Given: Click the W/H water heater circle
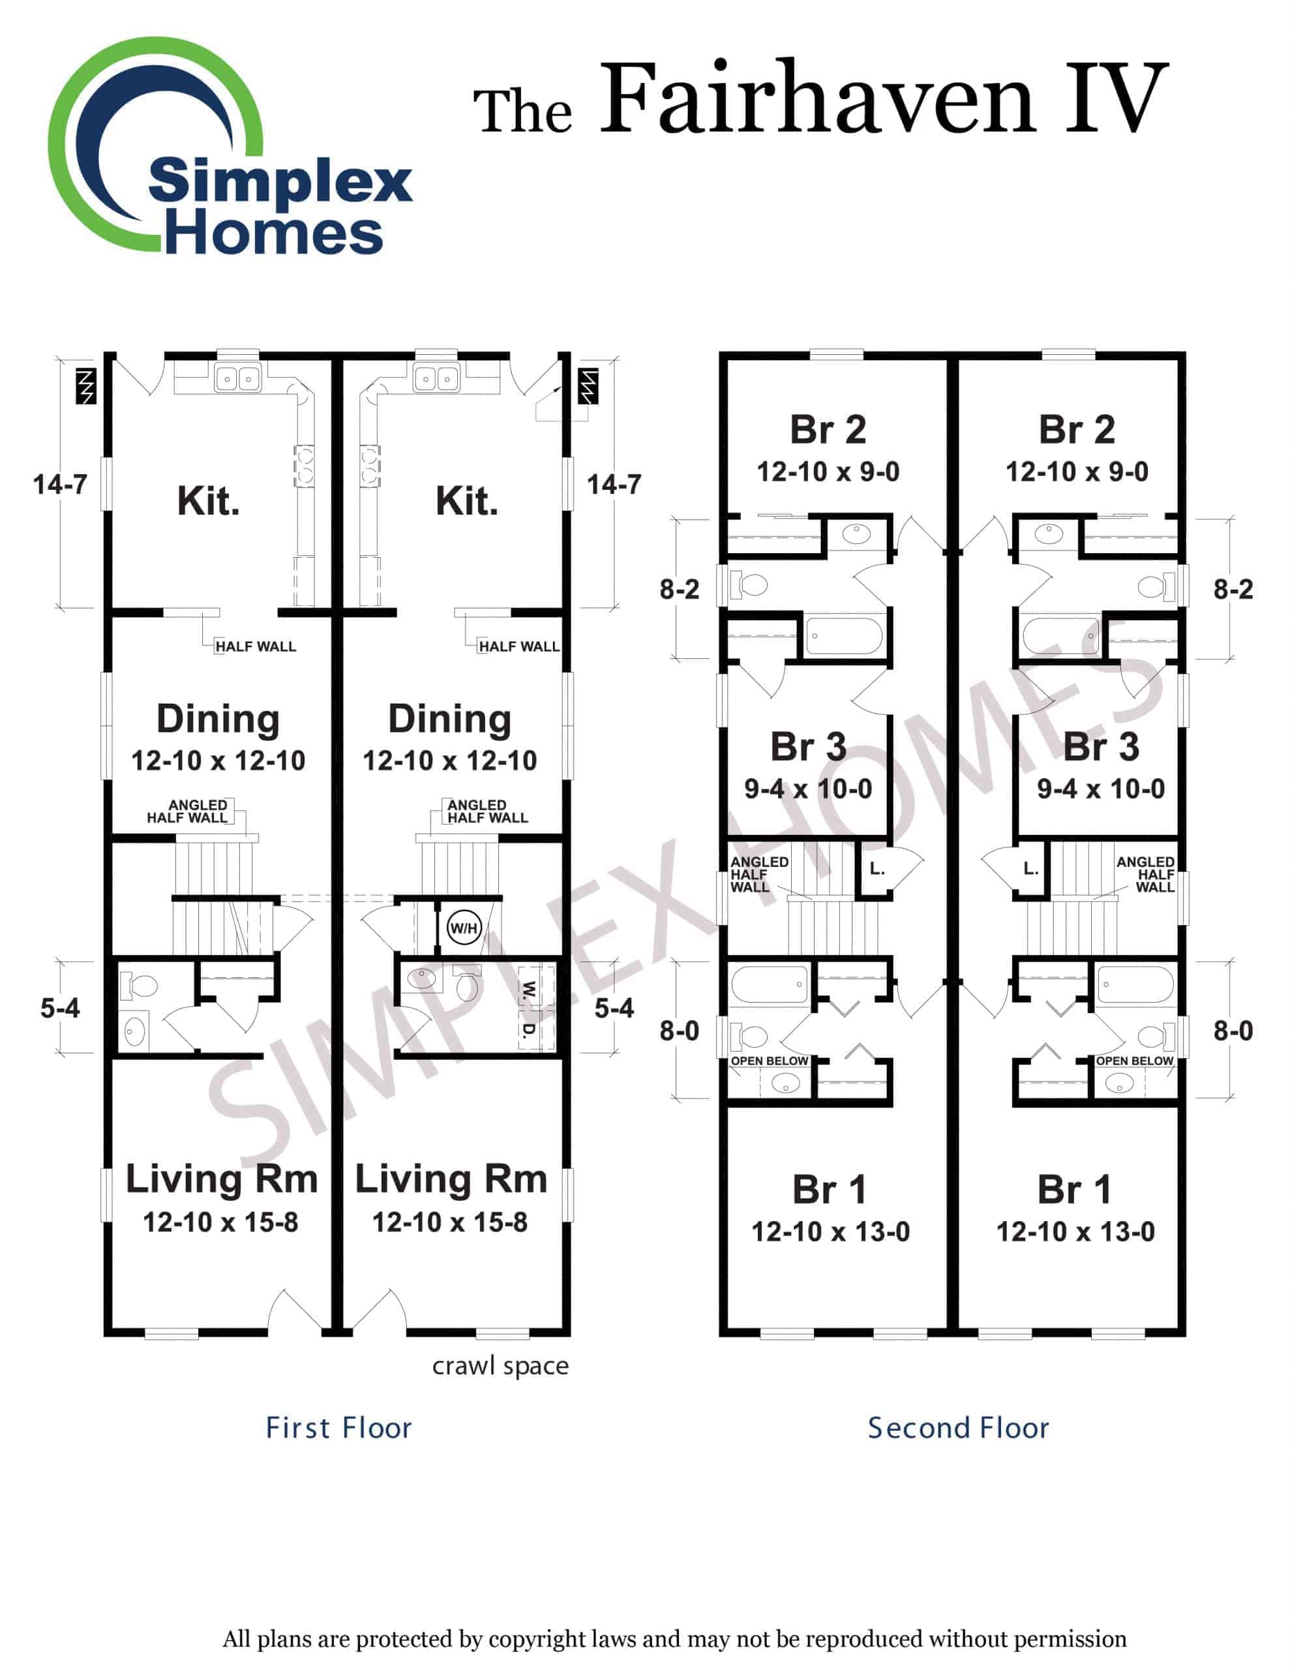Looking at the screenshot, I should [464, 928].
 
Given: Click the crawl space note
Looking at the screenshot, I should [500, 1365].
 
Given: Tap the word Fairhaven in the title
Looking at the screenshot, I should [816, 99].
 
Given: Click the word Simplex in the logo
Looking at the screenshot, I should [280, 182].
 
